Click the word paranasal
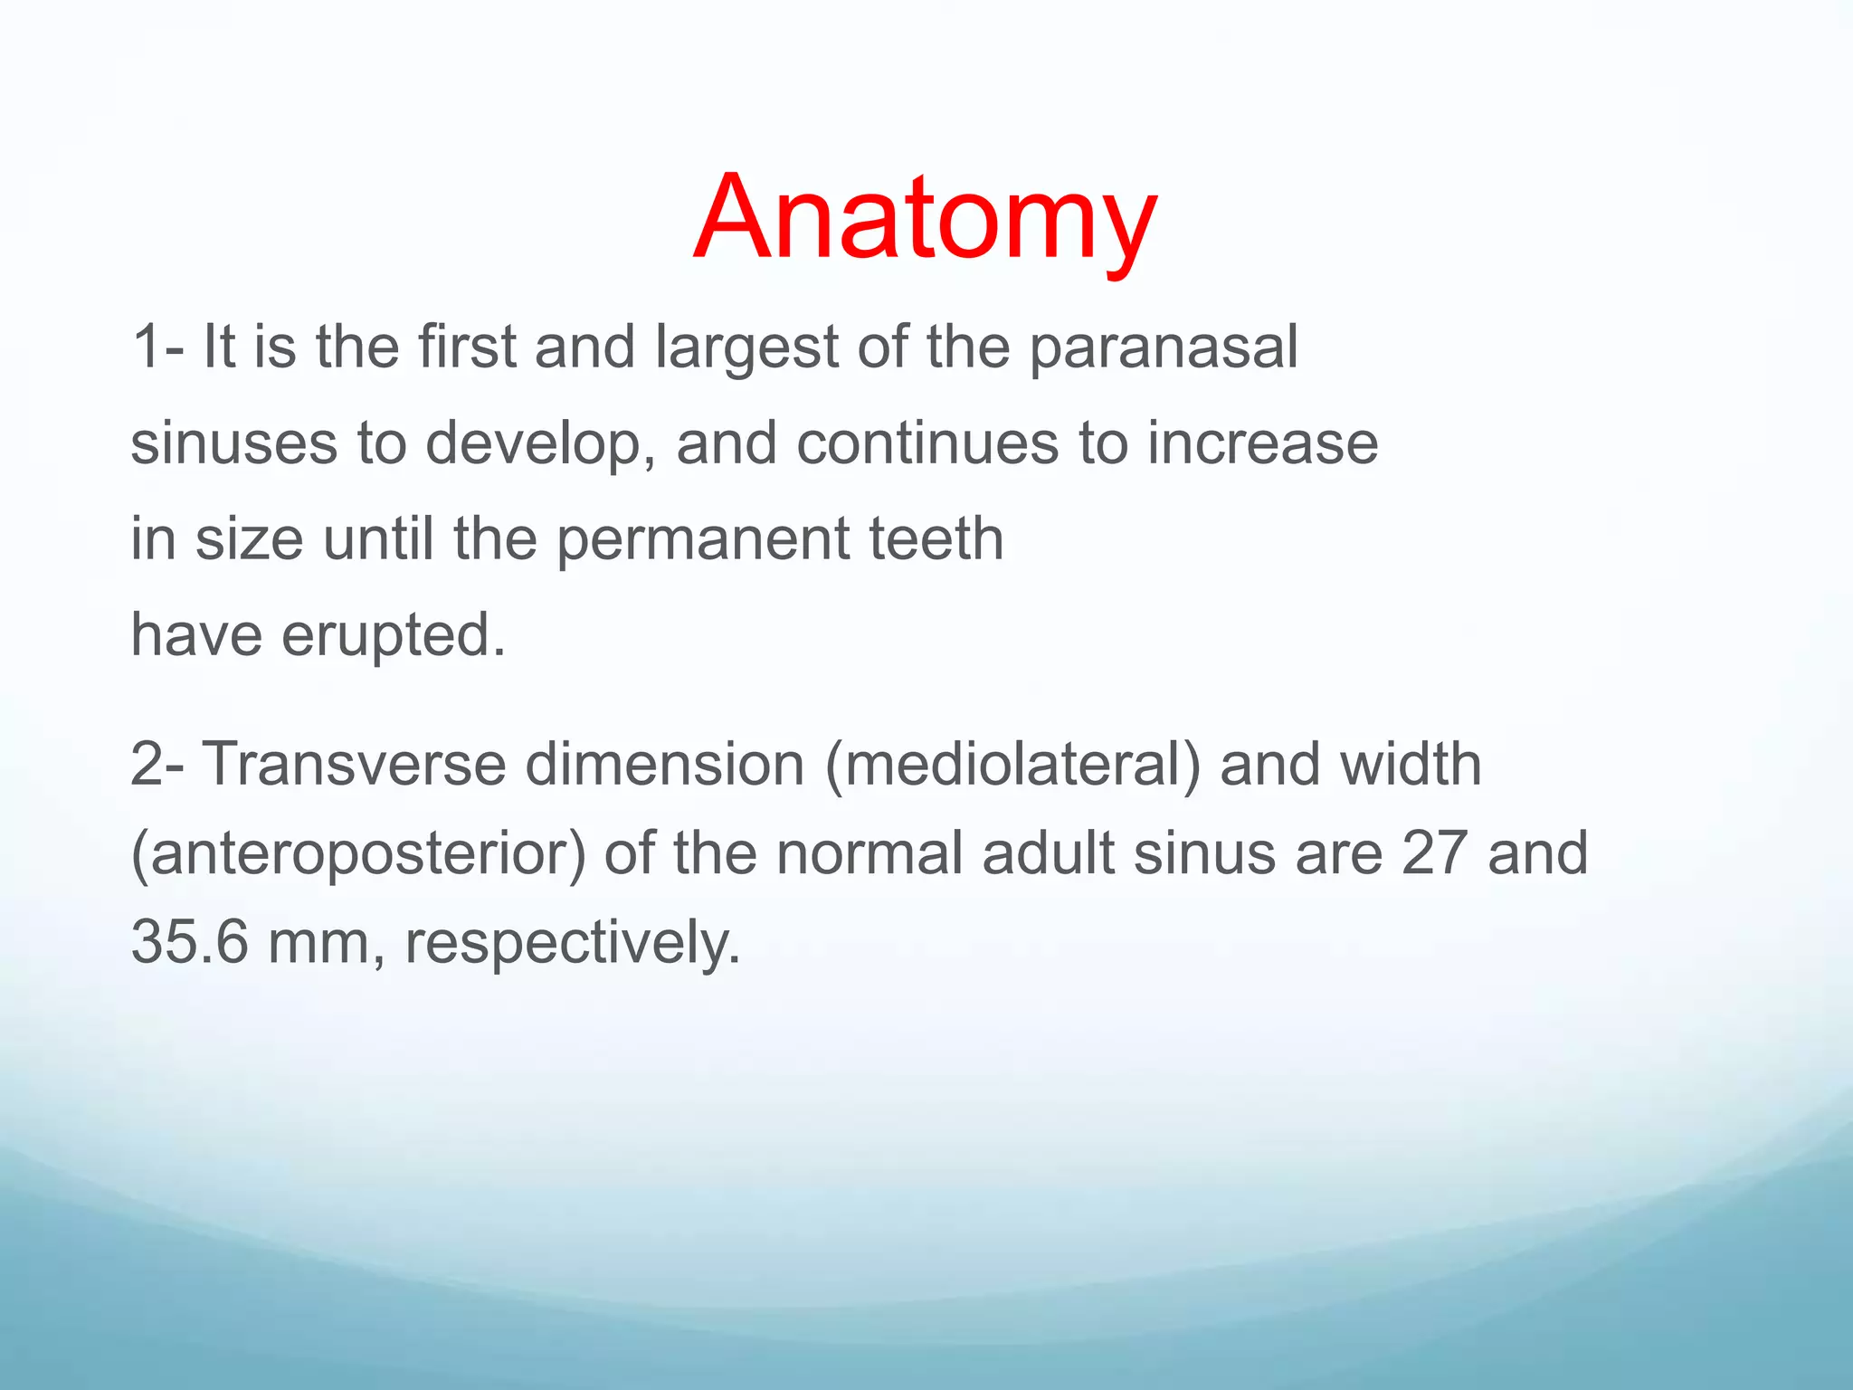click(x=1164, y=347)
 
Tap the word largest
click(x=747, y=347)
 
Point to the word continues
click(x=927, y=444)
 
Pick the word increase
click(x=1263, y=444)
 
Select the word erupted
click(x=394, y=636)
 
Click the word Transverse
click(x=353, y=765)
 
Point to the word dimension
click(x=665, y=765)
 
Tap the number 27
click(x=1434, y=853)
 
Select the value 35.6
click(x=189, y=942)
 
